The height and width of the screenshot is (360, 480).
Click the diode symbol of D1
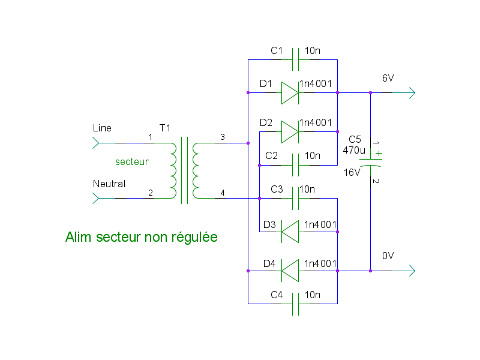coord(290,93)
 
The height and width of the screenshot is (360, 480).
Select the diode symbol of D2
coord(290,131)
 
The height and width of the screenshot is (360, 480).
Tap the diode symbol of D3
coord(290,232)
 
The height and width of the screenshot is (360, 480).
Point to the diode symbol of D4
coord(290,271)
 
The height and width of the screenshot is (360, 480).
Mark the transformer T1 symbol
coord(184,170)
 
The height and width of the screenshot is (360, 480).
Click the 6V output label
coord(388,79)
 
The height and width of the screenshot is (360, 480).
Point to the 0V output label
coord(388,256)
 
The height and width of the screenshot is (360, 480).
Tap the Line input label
coord(102,128)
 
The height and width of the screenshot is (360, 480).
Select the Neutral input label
coord(109,184)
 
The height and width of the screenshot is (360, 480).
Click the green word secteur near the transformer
coord(132,162)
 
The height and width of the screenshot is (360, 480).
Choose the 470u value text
coord(354,150)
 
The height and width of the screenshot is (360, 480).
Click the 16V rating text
coord(352,172)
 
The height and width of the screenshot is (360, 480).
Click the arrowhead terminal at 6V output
coord(411,93)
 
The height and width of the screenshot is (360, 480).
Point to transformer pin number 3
coord(223,137)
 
